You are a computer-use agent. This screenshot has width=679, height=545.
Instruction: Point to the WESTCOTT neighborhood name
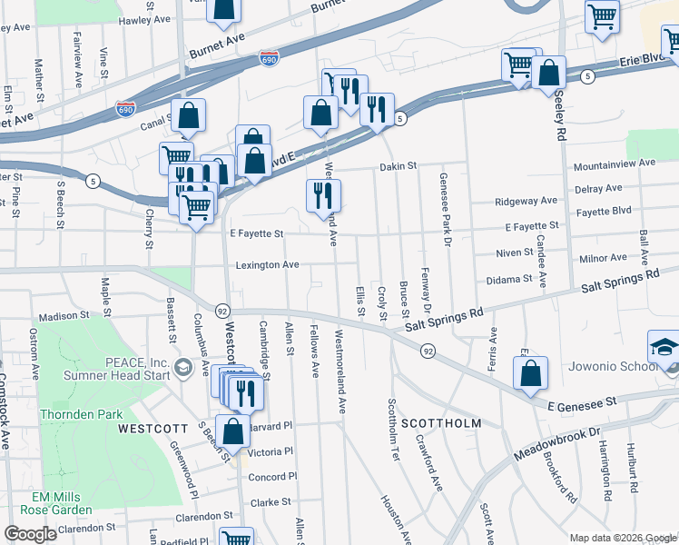click(x=153, y=427)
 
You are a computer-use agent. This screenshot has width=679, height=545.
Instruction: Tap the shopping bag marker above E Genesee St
click(x=530, y=372)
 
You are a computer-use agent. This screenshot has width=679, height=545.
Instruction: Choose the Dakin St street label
click(x=398, y=166)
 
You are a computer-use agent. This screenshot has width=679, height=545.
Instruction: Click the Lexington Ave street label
click(x=267, y=265)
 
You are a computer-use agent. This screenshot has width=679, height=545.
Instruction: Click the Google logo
click(x=31, y=534)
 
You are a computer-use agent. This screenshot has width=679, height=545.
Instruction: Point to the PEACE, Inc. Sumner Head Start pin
click(x=183, y=367)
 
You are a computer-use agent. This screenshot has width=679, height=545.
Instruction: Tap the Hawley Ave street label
click(x=145, y=19)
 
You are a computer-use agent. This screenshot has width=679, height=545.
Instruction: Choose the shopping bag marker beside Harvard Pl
click(x=232, y=431)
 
